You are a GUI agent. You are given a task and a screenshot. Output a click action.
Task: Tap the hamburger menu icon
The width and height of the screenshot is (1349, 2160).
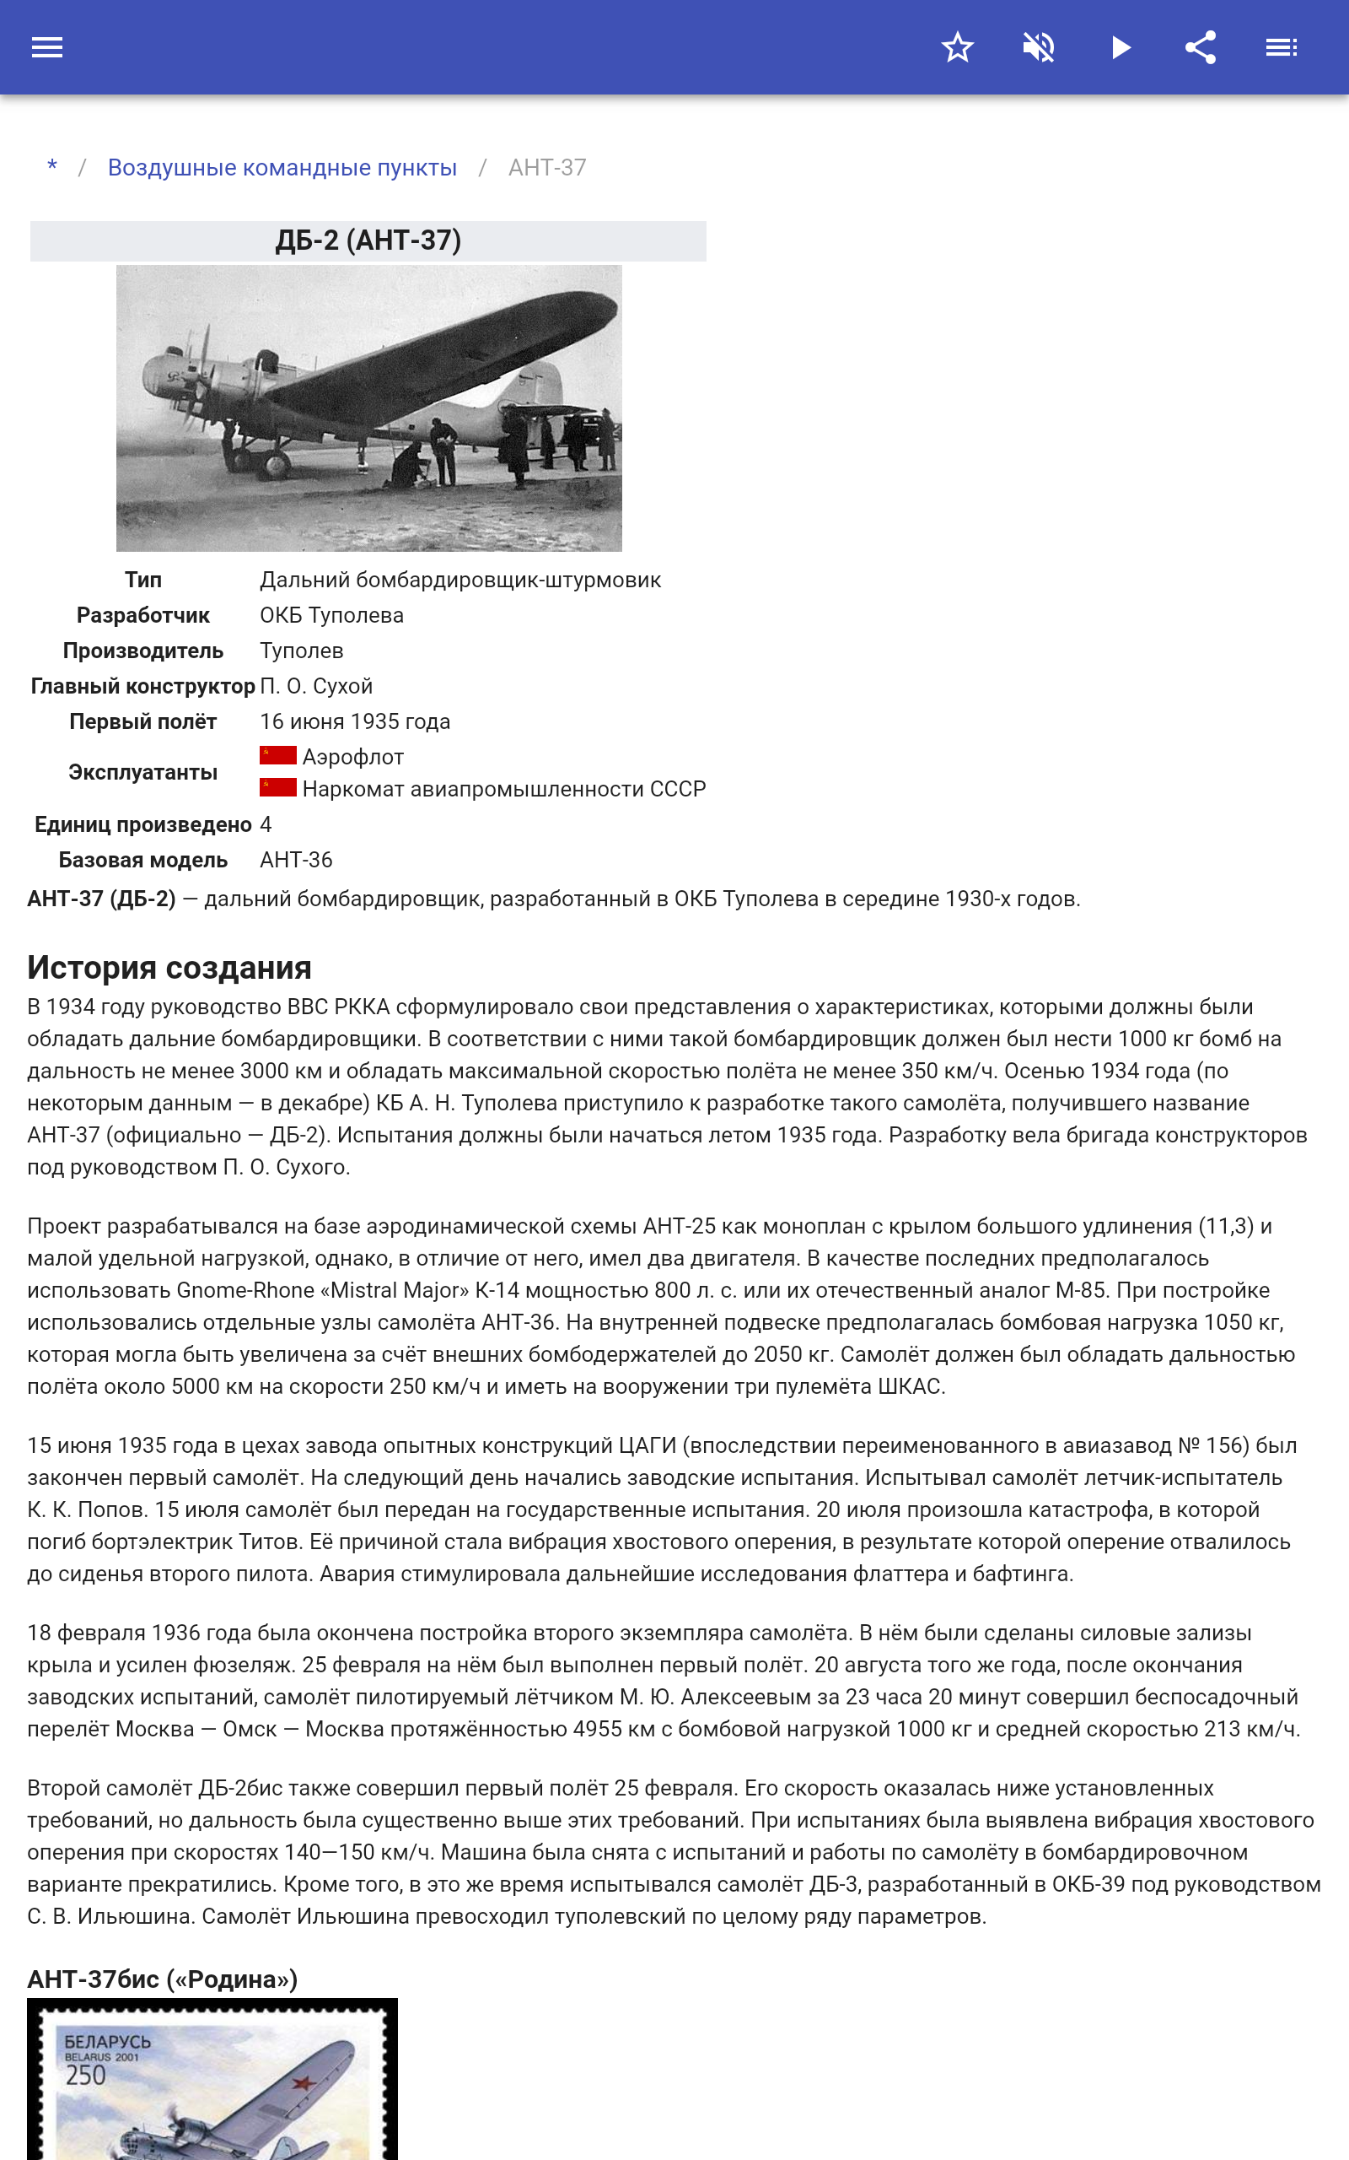click(47, 47)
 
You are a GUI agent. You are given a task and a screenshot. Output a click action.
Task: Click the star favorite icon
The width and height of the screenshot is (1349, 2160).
click(957, 47)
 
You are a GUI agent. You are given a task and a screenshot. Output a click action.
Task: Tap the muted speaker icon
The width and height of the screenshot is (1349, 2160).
click(1039, 47)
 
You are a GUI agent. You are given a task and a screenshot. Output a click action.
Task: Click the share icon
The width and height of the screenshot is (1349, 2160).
click(1201, 47)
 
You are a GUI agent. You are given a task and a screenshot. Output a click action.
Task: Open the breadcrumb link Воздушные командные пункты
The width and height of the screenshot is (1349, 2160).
click(282, 168)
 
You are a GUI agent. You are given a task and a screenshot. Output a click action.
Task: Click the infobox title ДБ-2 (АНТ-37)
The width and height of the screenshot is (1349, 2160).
click(368, 241)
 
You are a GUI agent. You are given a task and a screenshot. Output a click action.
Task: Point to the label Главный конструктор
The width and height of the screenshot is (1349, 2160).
click(142, 686)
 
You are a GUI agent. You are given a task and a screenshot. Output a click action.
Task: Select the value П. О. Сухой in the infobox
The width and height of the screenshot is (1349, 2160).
click(316, 686)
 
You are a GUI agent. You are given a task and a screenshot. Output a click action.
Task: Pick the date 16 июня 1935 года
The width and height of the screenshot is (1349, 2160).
click(354, 722)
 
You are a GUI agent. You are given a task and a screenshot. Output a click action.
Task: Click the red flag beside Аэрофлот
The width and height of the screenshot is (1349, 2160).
click(277, 756)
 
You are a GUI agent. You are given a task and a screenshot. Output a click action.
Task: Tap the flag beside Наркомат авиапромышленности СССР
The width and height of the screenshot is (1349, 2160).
click(277, 788)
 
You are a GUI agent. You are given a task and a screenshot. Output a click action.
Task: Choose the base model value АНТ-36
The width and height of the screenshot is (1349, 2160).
click(295, 861)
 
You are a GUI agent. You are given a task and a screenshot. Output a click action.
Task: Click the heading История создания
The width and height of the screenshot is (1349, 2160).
click(169, 968)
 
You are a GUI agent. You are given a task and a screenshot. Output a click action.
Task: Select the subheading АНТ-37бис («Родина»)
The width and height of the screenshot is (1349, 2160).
click(163, 1979)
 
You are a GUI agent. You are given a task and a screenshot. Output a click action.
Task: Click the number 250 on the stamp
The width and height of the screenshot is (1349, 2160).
click(86, 2076)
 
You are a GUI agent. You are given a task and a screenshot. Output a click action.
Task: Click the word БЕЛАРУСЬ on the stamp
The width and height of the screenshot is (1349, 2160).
click(107, 2042)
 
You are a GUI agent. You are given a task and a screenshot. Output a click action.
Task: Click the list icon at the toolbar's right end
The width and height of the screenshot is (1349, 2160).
click(1282, 47)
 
